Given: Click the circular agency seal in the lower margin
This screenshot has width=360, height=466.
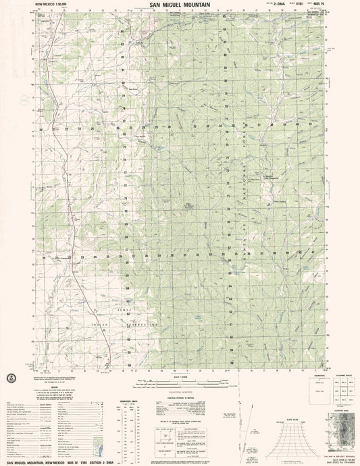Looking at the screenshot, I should coord(10,376).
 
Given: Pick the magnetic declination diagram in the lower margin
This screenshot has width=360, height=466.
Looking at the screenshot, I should coord(250,425).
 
